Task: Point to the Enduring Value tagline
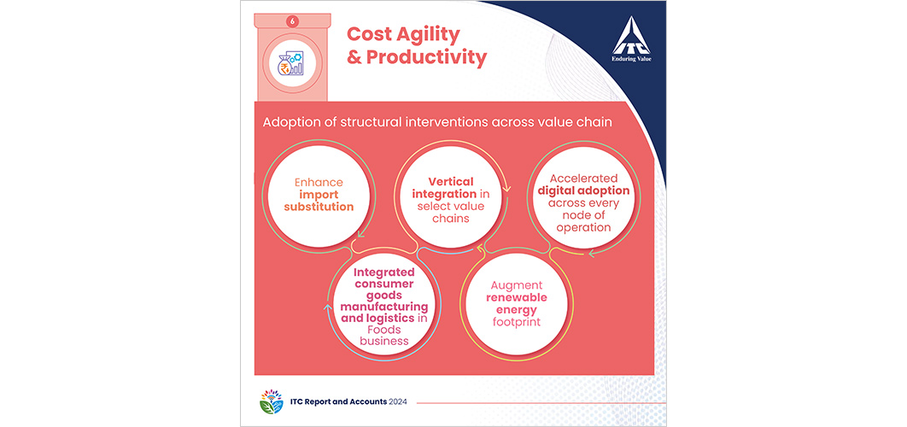(631, 58)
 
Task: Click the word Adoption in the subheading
(287, 123)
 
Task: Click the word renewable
(516, 298)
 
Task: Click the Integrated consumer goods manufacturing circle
(384, 302)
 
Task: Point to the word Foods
(384, 330)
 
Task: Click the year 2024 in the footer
(396, 402)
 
